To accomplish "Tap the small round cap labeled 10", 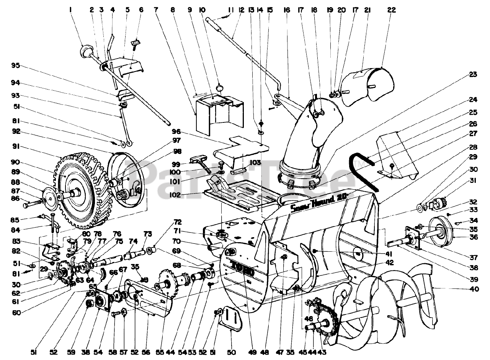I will (x=221, y=88).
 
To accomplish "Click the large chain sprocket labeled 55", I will (x=167, y=285).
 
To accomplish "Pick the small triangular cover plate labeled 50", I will (x=233, y=317).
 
